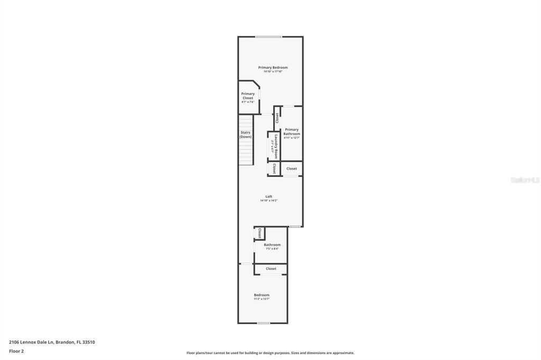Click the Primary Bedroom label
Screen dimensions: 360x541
pyautogui.click(x=273, y=68)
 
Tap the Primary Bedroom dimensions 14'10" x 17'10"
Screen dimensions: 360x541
pyautogui.click(x=273, y=72)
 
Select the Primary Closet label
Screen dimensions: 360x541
pyautogui.click(x=248, y=96)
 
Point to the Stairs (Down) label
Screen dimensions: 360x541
pyautogui.click(x=246, y=135)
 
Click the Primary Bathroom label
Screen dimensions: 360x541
pyautogui.click(x=292, y=131)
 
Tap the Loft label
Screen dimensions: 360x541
pyautogui.click(x=269, y=196)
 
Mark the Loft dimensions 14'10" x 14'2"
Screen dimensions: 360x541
pyautogui.click(x=269, y=201)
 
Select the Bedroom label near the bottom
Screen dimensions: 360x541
pyautogui.click(x=262, y=295)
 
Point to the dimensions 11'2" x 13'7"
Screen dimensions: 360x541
pyautogui.click(x=262, y=299)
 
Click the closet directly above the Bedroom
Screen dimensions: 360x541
pyautogui.click(x=271, y=269)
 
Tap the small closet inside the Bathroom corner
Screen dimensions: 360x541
pyautogui.click(x=260, y=233)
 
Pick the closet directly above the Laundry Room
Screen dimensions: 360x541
pyautogui.click(x=277, y=118)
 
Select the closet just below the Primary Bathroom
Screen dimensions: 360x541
pyautogui.click(x=292, y=169)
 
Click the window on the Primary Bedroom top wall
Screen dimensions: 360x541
pyautogui.click(x=268, y=36)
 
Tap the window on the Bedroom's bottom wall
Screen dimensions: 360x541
pyautogui.click(x=263, y=323)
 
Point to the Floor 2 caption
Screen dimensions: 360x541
pyautogui.click(x=16, y=351)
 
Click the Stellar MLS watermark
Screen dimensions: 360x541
pyautogui.click(x=525, y=180)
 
